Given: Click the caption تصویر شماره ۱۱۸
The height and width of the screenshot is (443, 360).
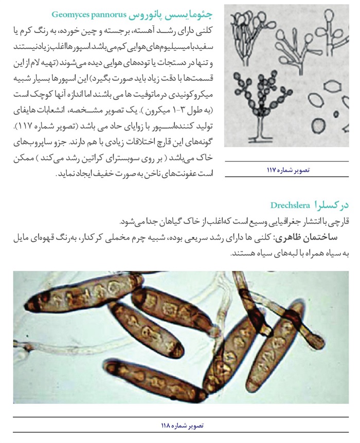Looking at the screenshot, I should [x=183, y=426].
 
